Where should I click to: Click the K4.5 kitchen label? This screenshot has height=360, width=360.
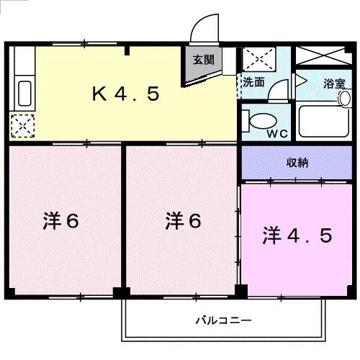[124, 94]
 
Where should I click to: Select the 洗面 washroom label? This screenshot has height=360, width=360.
[254, 83]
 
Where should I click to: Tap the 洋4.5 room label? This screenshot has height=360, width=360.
[297, 235]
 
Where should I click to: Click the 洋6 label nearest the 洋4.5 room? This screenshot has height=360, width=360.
[182, 221]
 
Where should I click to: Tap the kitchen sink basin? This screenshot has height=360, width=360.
[23, 94]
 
